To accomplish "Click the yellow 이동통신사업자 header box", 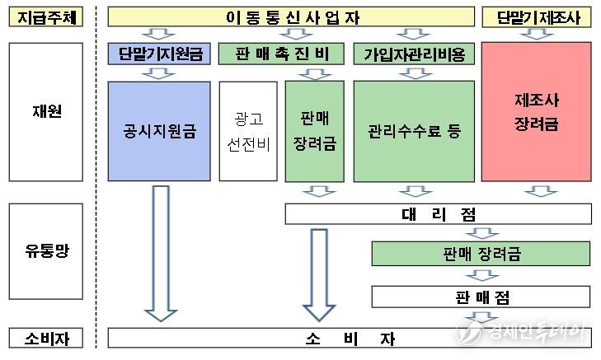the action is point(291,16).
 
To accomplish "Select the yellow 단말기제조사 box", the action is point(536,16).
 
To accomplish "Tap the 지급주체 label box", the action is point(46,16).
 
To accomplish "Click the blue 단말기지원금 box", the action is point(159,54).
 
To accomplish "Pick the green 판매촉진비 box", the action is point(281,54).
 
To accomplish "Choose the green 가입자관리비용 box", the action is point(414,54).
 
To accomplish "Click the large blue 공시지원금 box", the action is point(159,131).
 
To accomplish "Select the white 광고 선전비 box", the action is point(248,131).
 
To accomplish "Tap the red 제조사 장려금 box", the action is point(536,111).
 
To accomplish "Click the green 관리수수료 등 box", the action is point(414,131).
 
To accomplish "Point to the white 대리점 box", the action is point(438,213).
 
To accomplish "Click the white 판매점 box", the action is point(481,297).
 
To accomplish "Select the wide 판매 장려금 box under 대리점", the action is point(481,254).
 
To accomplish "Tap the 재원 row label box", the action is point(46,112).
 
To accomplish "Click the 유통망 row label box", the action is point(46,251).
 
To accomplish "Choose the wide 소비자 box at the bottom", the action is point(350,339).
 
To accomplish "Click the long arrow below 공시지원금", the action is point(161,253).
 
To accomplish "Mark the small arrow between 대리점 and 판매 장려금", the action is point(482,233).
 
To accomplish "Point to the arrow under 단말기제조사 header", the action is point(537,34).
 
